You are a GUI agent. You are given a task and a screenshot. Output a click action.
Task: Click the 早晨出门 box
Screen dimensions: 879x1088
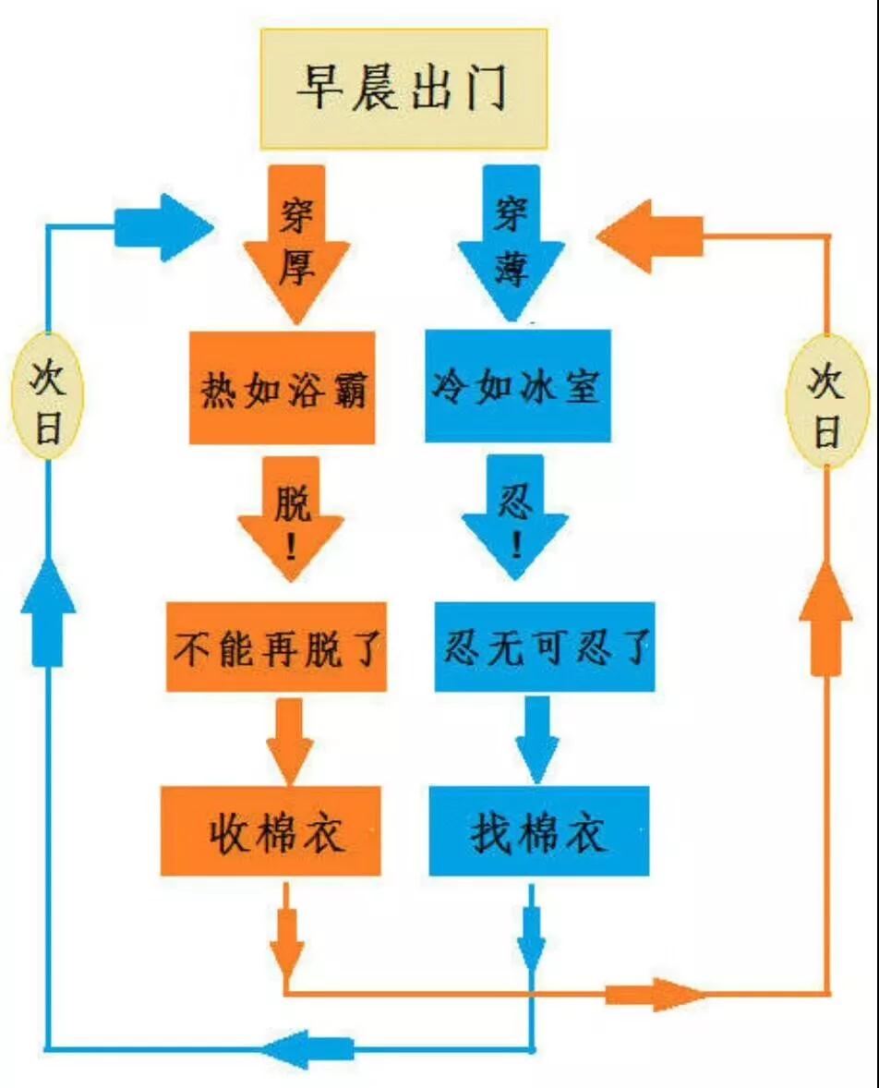(403, 89)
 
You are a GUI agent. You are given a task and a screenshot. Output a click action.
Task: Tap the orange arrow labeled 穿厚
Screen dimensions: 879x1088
(296, 244)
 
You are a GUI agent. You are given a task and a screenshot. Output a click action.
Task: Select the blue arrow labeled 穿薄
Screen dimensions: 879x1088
(512, 243)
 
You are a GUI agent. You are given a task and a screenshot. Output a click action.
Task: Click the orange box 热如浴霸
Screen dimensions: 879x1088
(283, 388)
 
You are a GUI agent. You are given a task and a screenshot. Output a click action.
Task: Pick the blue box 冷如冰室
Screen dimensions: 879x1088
(518, 386)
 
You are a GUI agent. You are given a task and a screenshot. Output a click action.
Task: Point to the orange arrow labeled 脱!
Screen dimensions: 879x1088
(292, 518)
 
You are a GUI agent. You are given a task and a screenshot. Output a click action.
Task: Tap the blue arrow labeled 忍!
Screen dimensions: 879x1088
(515, 517)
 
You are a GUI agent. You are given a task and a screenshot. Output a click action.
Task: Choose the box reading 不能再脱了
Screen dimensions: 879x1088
(276, 647)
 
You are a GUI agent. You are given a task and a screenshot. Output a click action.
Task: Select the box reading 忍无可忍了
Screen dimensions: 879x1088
(545, 647)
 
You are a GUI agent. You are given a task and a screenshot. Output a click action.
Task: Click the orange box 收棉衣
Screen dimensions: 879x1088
(271, 830)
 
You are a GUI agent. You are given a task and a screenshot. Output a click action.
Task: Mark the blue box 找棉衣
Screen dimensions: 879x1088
(539, 830)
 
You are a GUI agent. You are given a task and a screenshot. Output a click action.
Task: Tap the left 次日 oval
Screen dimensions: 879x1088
(48, 396)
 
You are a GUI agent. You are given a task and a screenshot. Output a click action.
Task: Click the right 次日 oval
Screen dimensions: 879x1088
(827, 400)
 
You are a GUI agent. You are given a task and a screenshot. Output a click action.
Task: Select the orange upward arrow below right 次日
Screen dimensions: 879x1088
(826, 619)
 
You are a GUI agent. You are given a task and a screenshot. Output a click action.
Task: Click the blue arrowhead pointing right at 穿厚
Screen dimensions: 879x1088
(163, 227)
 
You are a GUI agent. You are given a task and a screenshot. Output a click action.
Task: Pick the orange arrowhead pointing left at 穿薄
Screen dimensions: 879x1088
(650, 236)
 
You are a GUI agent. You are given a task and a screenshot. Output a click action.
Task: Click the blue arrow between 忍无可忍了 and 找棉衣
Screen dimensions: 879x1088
(537, 740)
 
